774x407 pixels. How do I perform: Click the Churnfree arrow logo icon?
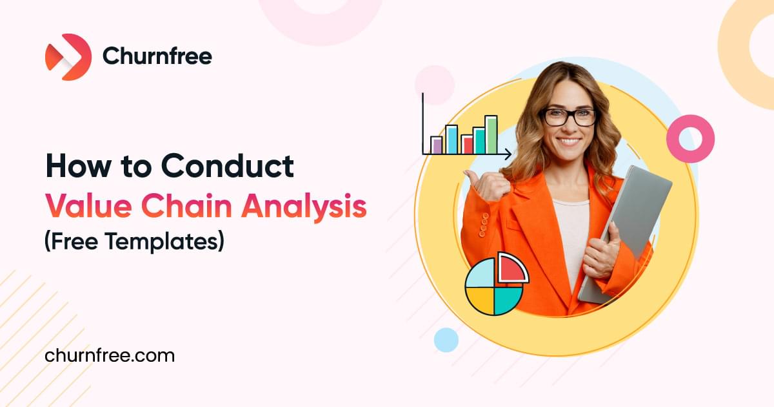pyautogui.click(x=68, y=57)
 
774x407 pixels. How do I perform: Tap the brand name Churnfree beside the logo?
pyautogui.click(x=157, y=57)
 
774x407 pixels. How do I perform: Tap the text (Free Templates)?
pyautogui.click(x=134, y=242)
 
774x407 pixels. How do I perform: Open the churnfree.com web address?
pyautogui.click(x=110, y=355)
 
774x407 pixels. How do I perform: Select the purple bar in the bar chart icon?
pyautogui.click(x=437, y=145)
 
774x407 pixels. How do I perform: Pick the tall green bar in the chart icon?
pyautogui.click(x=491, y=134)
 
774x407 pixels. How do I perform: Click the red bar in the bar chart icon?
pyautogui.click(x=468, y=144)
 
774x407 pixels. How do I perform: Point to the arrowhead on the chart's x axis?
pyautogui.click(x=508, y=154)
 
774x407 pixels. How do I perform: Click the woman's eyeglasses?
pyautogui.click(x=568, y=116)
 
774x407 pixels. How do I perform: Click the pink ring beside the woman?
pyautogui.click(x=690, y=138)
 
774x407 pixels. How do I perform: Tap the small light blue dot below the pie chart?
pyautogui.click(x=446, y=339)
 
